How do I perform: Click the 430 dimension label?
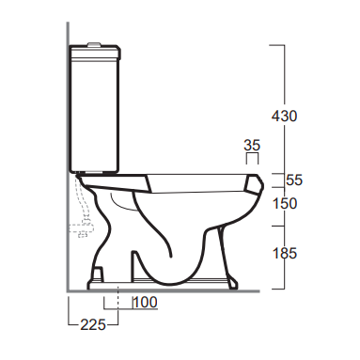pos(284,117)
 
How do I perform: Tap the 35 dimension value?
pos(252,146)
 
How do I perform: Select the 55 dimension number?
pos(294,180)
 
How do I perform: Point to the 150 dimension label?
pos(285,204)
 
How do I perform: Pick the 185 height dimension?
pos(285,253)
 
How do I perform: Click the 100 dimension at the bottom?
pos(145,303)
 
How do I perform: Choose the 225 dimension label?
pos(93,324)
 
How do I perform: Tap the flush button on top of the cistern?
pos(95,44)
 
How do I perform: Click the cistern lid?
pos(95,53)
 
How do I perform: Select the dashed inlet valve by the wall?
pos(81,229)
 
